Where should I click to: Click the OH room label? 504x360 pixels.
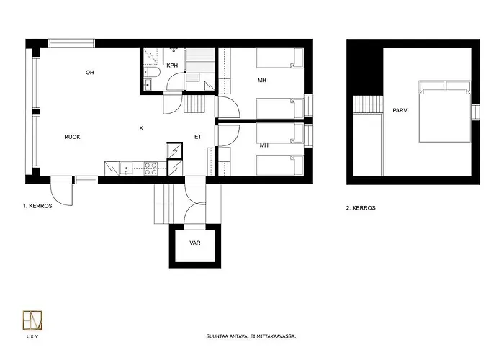pyautogui.click(x=90, y=73)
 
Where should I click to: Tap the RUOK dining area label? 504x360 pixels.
pyautogui.click(x=72, y=136)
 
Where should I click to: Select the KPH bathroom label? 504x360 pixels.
pyautogui.click(x=172, y=66)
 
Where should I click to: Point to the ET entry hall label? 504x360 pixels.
pyautogui.click(x=198, y=136)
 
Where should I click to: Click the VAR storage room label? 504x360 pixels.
pyautogui.click(x=194, y=243)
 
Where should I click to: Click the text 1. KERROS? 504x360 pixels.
pyautogui.click(x=37, y=206)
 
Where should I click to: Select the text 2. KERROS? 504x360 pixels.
pyautogui.click(x=361, y=208)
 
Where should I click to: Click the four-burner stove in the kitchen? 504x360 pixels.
pyautogui.click(x=151, y=168)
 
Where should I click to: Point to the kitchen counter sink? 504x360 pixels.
pyautogui.click(x=127, y=169)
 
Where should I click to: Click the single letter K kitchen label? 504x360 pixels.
pyautogui.click(x=141, y=128)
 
